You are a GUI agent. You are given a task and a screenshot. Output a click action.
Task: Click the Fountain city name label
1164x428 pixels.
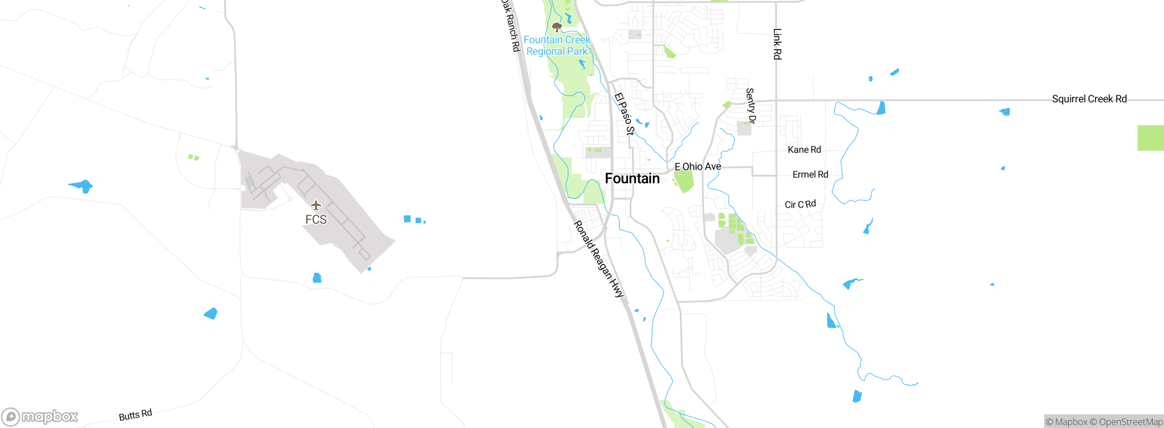click(632, 178)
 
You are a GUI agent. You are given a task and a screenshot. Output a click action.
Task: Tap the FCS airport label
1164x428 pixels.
click(316, 219)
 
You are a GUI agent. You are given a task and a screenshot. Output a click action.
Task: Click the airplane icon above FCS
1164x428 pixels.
click(316, 205)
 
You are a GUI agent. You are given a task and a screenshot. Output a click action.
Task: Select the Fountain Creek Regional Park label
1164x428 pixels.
click(557, 46)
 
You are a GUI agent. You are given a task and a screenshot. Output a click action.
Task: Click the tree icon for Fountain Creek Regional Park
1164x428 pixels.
click(557, 27)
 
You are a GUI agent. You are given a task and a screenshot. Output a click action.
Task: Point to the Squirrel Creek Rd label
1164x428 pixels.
click(1089, 99)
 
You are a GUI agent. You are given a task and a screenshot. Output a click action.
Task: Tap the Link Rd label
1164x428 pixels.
click(778, 44)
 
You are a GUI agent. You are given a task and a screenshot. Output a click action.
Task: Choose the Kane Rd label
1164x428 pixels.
click(804, 150)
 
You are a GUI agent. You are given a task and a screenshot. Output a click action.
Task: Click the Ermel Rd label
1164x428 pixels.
click(810, 174)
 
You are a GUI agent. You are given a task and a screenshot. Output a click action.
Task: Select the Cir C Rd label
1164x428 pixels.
click(800, 204)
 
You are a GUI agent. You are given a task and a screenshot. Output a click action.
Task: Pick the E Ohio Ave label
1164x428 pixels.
click(697, 167)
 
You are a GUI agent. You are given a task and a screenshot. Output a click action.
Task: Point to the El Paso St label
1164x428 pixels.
click(624, 114)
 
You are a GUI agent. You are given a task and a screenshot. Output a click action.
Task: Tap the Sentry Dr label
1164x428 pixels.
click(750, 106)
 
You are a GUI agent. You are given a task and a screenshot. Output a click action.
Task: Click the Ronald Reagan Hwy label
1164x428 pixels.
click(599, 259)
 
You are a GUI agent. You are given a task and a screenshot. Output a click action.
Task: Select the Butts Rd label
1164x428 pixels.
click(135, 415)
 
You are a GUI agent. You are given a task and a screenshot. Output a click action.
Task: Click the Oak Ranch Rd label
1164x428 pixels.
click(511, 25)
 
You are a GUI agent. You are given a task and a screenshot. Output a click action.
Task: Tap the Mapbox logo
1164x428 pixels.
click(40, 417)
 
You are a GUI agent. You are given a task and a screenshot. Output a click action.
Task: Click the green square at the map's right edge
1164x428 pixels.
click(1151, 138)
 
